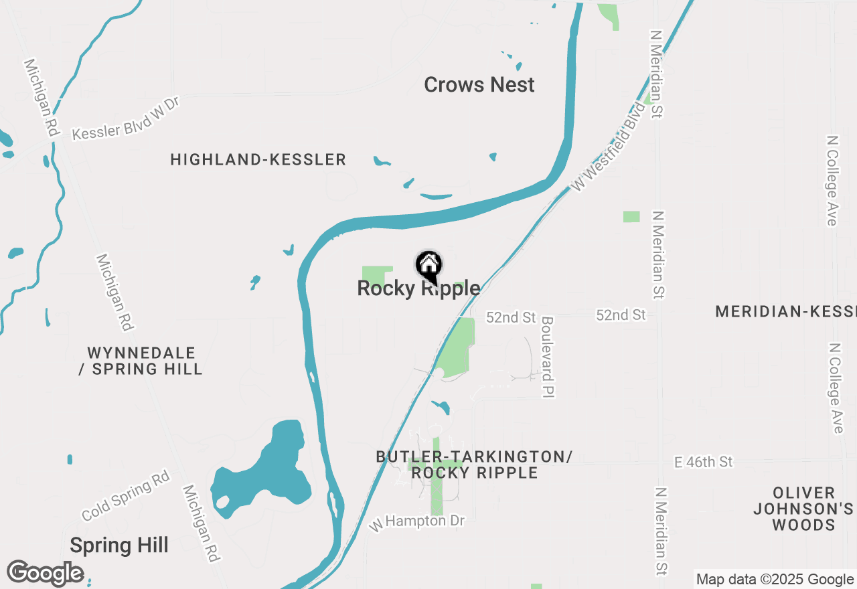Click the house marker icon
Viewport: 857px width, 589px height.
point(428,266)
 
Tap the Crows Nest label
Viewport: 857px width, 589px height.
point(479,85)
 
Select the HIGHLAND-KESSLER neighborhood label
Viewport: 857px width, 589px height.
point(258,159)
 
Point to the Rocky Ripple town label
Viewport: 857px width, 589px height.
point(418,288)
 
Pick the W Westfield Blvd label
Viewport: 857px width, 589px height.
point(610,146)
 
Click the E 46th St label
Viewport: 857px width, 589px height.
point(703,462)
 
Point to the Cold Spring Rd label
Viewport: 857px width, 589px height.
point(126,495)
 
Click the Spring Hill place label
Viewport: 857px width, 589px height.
point(119,545)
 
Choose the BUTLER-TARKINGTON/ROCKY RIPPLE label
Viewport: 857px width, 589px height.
point(474,465)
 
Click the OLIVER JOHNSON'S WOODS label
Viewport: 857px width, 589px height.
point(803,509)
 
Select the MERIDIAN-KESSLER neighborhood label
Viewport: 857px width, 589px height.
point(785,311)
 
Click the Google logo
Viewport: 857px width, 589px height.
point(45,574)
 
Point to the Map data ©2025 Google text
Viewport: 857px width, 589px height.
point(775,580)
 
